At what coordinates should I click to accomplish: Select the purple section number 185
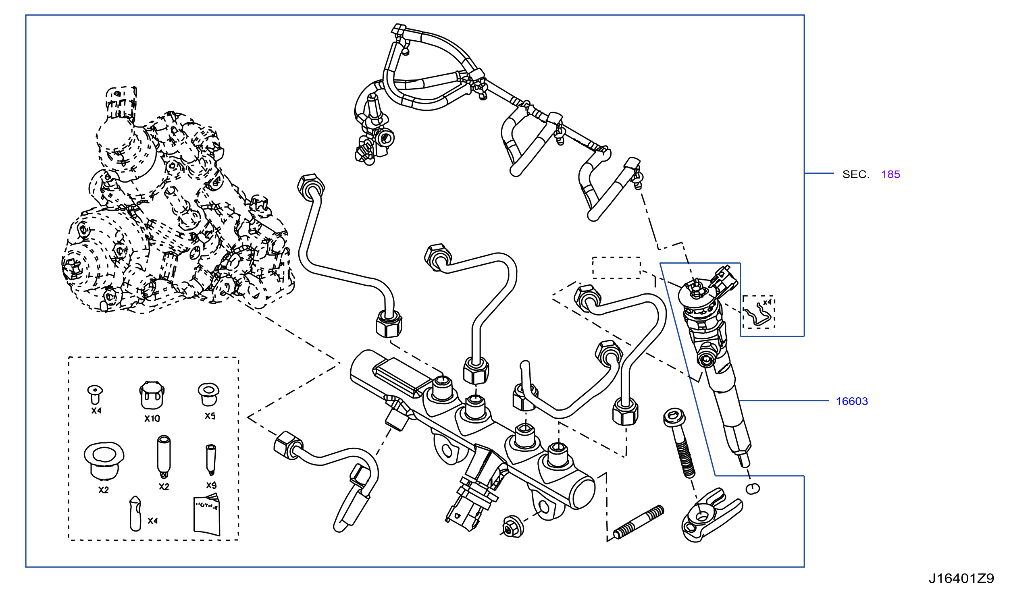coord(890,174)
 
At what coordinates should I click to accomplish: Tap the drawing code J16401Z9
coord(961,578)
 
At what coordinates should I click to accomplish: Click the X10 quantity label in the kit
coord(152,418)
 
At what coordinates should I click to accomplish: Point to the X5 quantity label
coord(210,416)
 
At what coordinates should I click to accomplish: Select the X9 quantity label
coord(211,485)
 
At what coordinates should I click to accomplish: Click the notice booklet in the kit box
coord(207,515)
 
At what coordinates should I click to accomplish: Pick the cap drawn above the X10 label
coord(152,395)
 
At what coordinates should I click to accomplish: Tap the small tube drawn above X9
coord(211,460)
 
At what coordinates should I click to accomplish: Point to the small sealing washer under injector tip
coord(753,488)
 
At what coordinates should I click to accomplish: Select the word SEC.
coord(856,174)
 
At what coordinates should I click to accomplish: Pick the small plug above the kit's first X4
coord(95,395)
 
